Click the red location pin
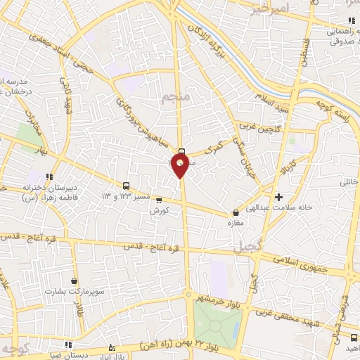[181, 165]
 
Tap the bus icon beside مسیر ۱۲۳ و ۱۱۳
[126, 186]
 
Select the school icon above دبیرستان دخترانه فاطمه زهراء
[49, 176]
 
